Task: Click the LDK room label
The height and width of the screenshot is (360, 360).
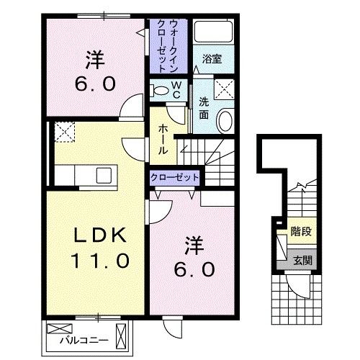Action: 100,235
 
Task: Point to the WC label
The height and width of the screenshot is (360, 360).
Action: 176,90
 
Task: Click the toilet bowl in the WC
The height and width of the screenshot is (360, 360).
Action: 159,90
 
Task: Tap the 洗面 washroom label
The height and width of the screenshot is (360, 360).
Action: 205,107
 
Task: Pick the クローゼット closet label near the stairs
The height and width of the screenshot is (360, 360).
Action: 175,177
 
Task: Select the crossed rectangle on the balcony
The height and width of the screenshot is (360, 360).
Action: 55,328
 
